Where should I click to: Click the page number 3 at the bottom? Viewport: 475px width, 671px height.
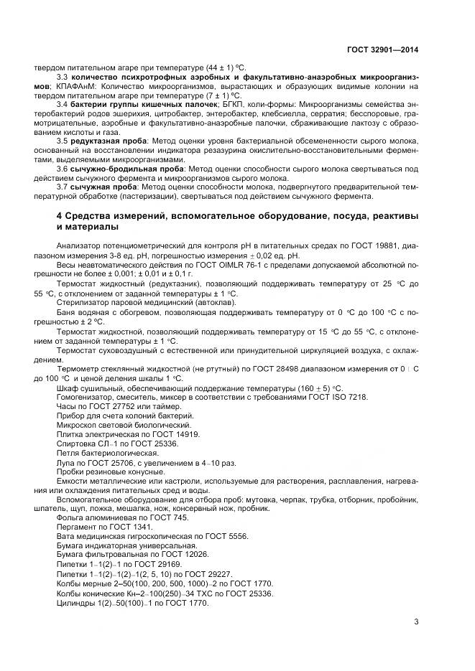pos(416,621)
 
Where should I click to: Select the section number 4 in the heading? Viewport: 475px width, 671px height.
pos(59,216)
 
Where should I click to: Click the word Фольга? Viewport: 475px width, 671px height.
pos(70,519)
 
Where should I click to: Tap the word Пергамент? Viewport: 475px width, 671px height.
pos(76,528)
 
